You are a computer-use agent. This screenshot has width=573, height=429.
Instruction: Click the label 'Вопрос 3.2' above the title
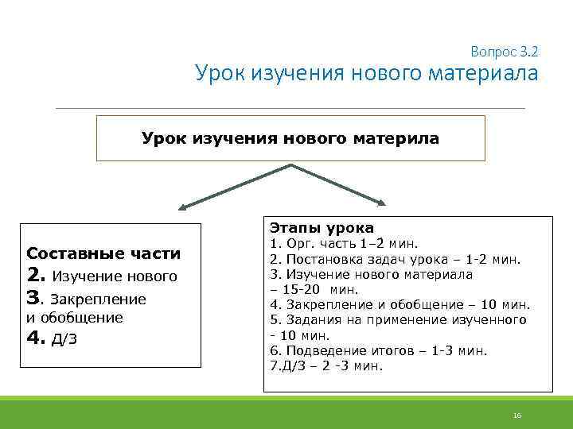tap(505, 52)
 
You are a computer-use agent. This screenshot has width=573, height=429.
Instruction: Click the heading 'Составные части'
tap(103, 254)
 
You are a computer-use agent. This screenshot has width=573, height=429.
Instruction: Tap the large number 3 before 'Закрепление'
tap(34, 299)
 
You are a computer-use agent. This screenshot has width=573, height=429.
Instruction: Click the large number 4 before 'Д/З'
tap(34, 338)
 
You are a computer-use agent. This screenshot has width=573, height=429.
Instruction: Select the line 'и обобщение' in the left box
tap(75, 318)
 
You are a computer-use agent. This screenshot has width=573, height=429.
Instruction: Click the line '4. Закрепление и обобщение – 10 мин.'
tap(400, 304)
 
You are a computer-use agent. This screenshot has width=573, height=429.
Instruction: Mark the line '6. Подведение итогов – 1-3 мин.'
tap(378, 350)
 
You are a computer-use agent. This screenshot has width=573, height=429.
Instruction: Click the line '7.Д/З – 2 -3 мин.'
tap(326, 365)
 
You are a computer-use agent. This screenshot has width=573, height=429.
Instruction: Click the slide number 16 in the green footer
tap(516, 415)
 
